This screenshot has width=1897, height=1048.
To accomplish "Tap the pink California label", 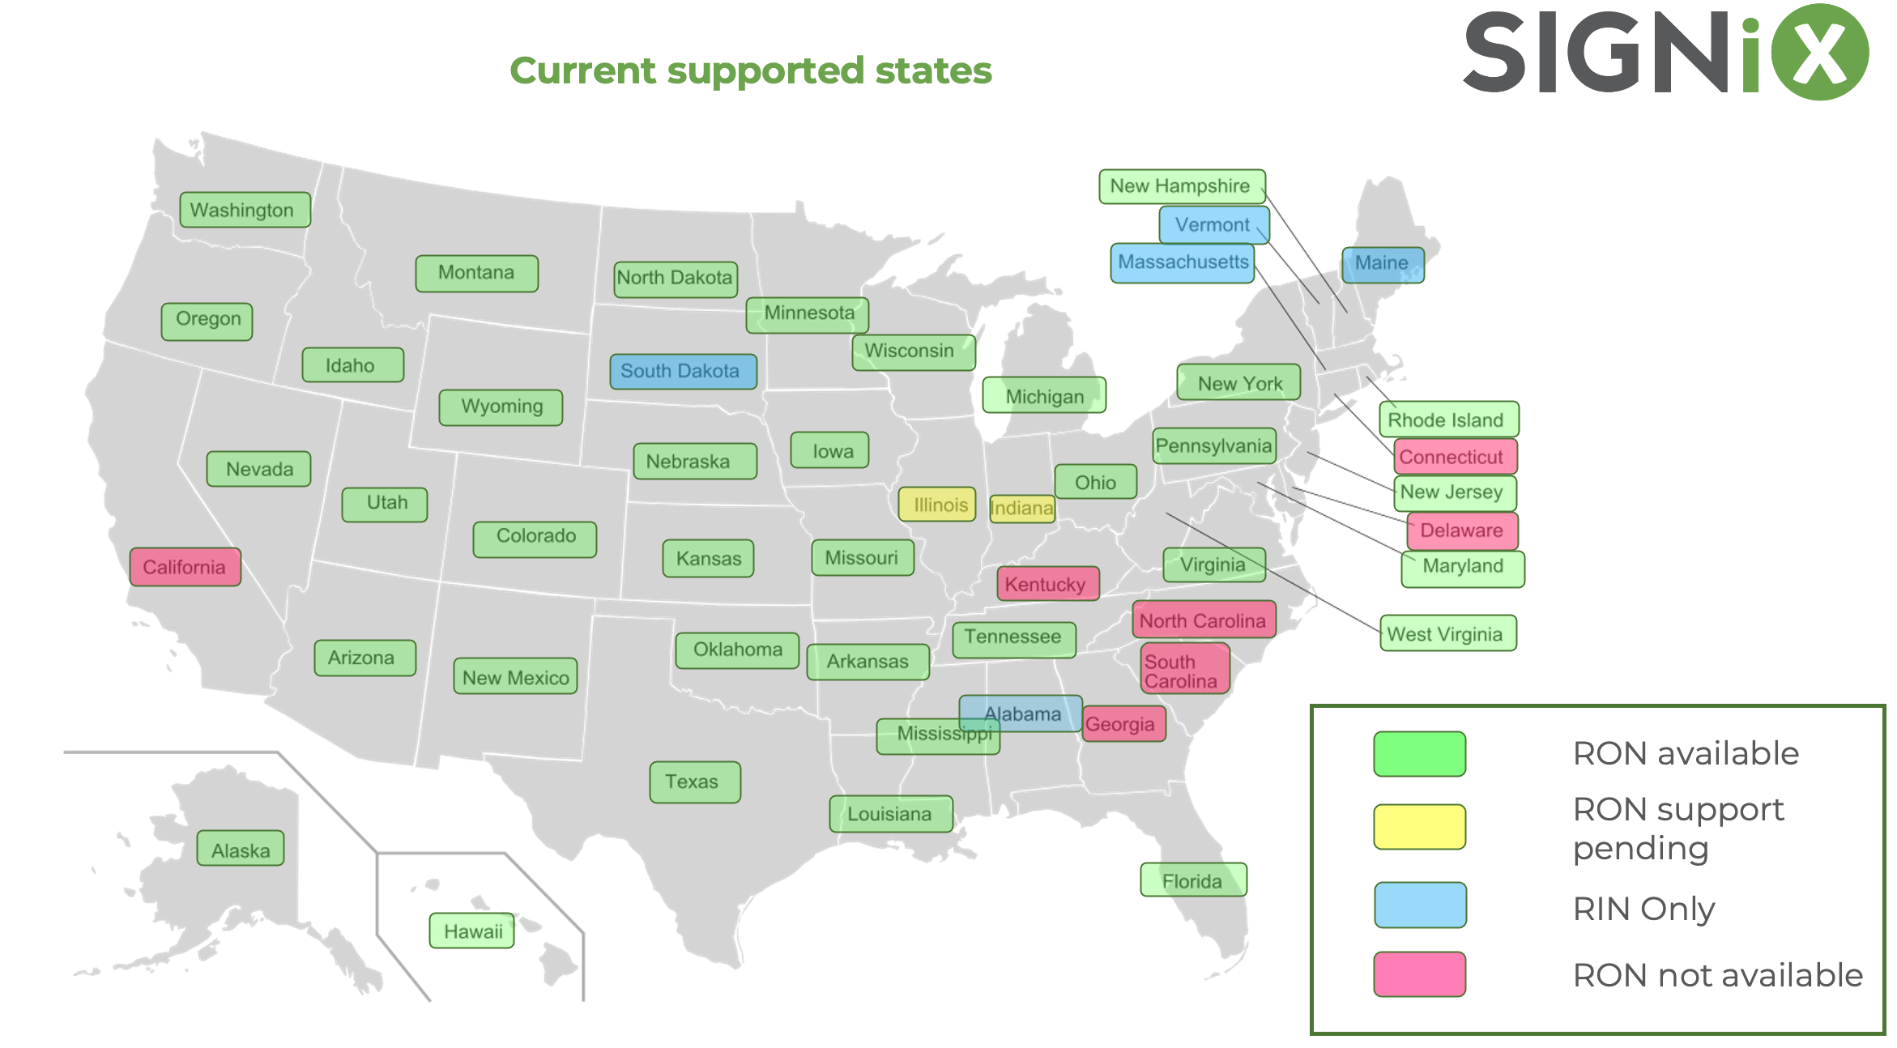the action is coord(185,567).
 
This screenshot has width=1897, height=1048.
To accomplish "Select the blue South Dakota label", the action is coord(683,372).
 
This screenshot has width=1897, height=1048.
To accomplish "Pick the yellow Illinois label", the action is coord(937,505).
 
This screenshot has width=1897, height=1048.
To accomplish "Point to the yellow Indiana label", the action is coord(1022,509).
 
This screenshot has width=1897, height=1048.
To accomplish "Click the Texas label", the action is coord(694,782).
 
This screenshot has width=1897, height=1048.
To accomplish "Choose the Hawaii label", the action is coord(472,931).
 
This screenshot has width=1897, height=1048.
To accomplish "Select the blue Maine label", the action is coord(1383,264).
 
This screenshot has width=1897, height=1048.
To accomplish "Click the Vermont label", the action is coord(1213,224).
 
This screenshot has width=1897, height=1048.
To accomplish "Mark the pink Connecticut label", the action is coord(1455,457).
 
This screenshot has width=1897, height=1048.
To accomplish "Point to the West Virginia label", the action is coord(1447,633).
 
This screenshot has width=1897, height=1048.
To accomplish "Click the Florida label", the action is coord(1193,880).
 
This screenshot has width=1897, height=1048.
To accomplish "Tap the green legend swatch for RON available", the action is coord(1419,754).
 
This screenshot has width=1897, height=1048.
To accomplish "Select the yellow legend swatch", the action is coord(1419,827).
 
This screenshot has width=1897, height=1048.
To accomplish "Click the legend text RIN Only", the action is coord(1643,909).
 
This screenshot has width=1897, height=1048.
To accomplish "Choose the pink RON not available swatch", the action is coord(1419,974).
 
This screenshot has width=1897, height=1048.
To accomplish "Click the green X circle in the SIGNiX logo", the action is coord(1819,53).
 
